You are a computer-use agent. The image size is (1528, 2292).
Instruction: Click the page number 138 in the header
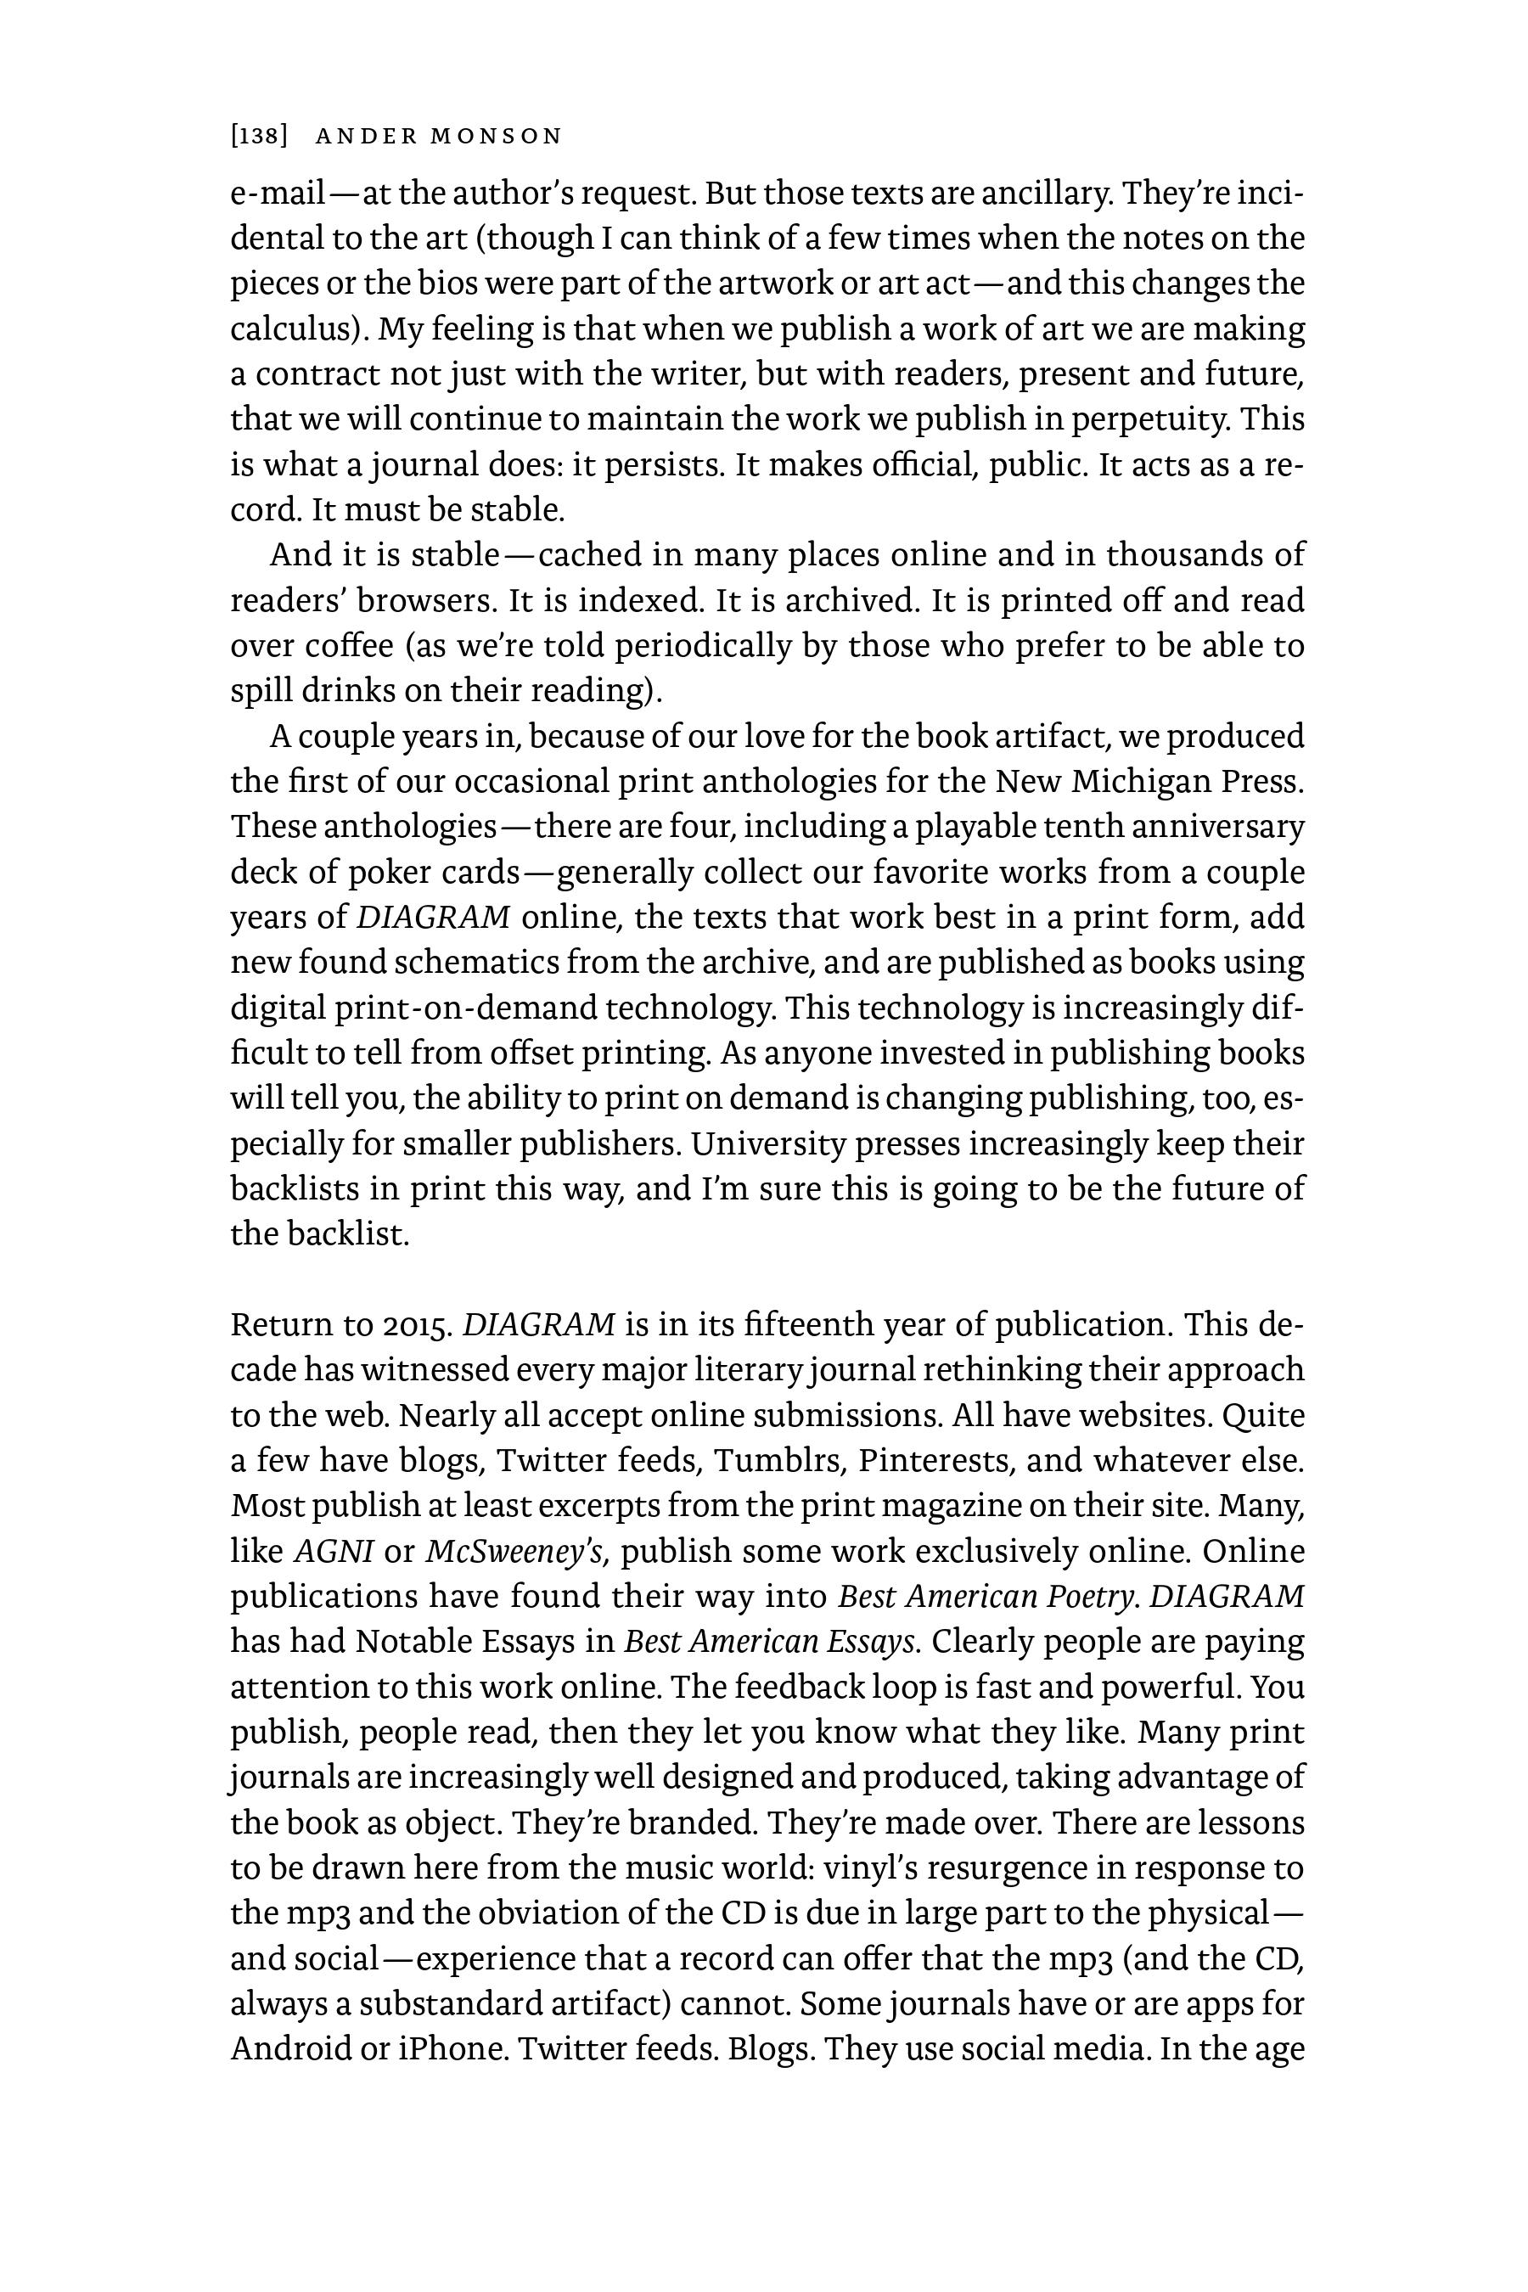pyautogui.click(x=259, y=137)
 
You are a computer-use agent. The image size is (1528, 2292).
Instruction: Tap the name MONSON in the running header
pyautogui.click(x=496, y=137)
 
